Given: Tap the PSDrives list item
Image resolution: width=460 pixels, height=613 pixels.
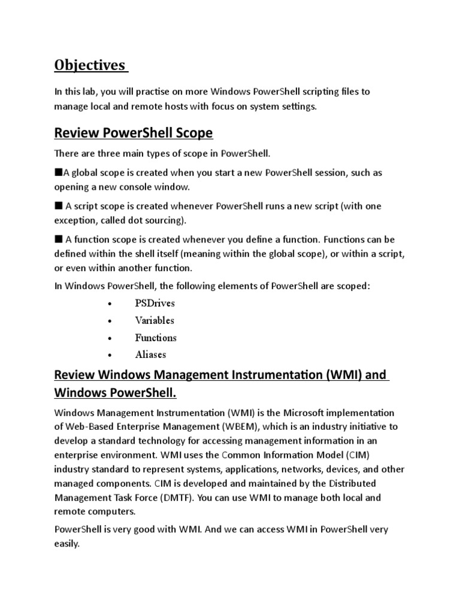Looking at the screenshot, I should coord(155,304).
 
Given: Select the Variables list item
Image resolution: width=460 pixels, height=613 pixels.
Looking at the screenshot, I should coord(155,320).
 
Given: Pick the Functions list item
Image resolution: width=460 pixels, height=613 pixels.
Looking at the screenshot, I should coord(156,338).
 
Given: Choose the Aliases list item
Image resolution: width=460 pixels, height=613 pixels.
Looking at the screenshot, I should coord(151,354).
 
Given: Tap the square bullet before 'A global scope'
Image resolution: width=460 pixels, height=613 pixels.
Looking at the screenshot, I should coord(58,172).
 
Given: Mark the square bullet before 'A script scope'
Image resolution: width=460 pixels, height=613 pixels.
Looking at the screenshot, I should coord(58,206).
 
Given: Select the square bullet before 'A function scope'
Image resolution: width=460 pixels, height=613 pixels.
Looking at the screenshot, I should coord(58,239).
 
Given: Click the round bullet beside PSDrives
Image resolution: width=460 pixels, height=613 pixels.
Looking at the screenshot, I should coord(109,304).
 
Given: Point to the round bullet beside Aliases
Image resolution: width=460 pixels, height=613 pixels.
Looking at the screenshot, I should coord(109,355).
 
